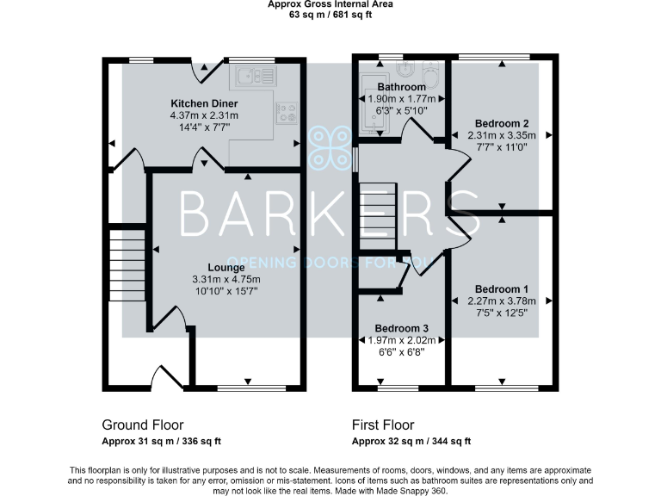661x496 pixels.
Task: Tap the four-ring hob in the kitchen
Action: click(287, 111)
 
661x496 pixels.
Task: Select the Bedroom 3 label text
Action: click(401, 329)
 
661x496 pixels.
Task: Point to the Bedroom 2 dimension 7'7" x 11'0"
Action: click(501, 147)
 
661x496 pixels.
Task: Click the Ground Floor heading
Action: click(142, 425)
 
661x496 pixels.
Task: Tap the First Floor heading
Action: click(383, 425)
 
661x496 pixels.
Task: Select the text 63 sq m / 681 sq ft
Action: click(330, 15)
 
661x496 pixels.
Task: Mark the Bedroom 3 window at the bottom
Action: click(401, 388)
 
